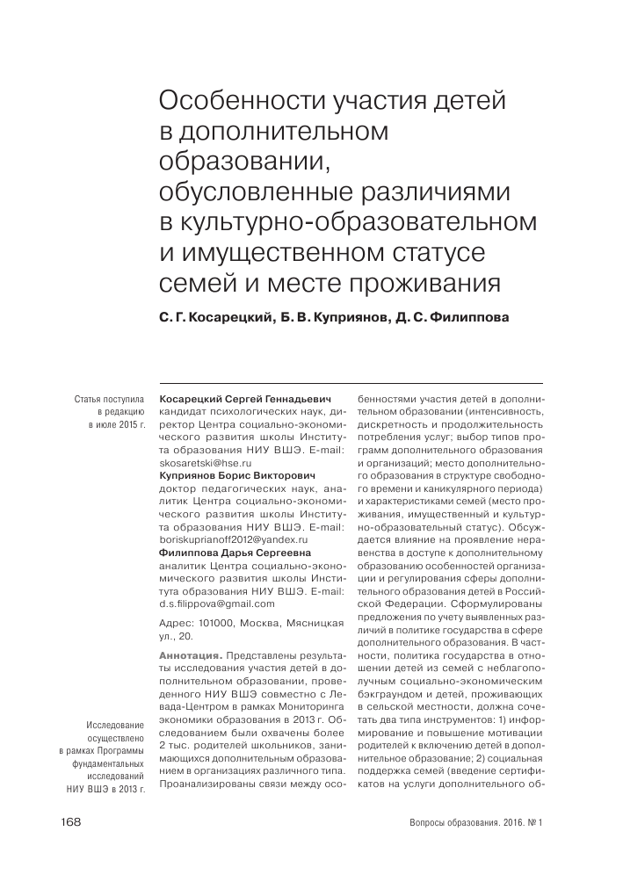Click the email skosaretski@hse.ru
click(206, 461)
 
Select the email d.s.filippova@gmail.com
click(217, 604)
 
